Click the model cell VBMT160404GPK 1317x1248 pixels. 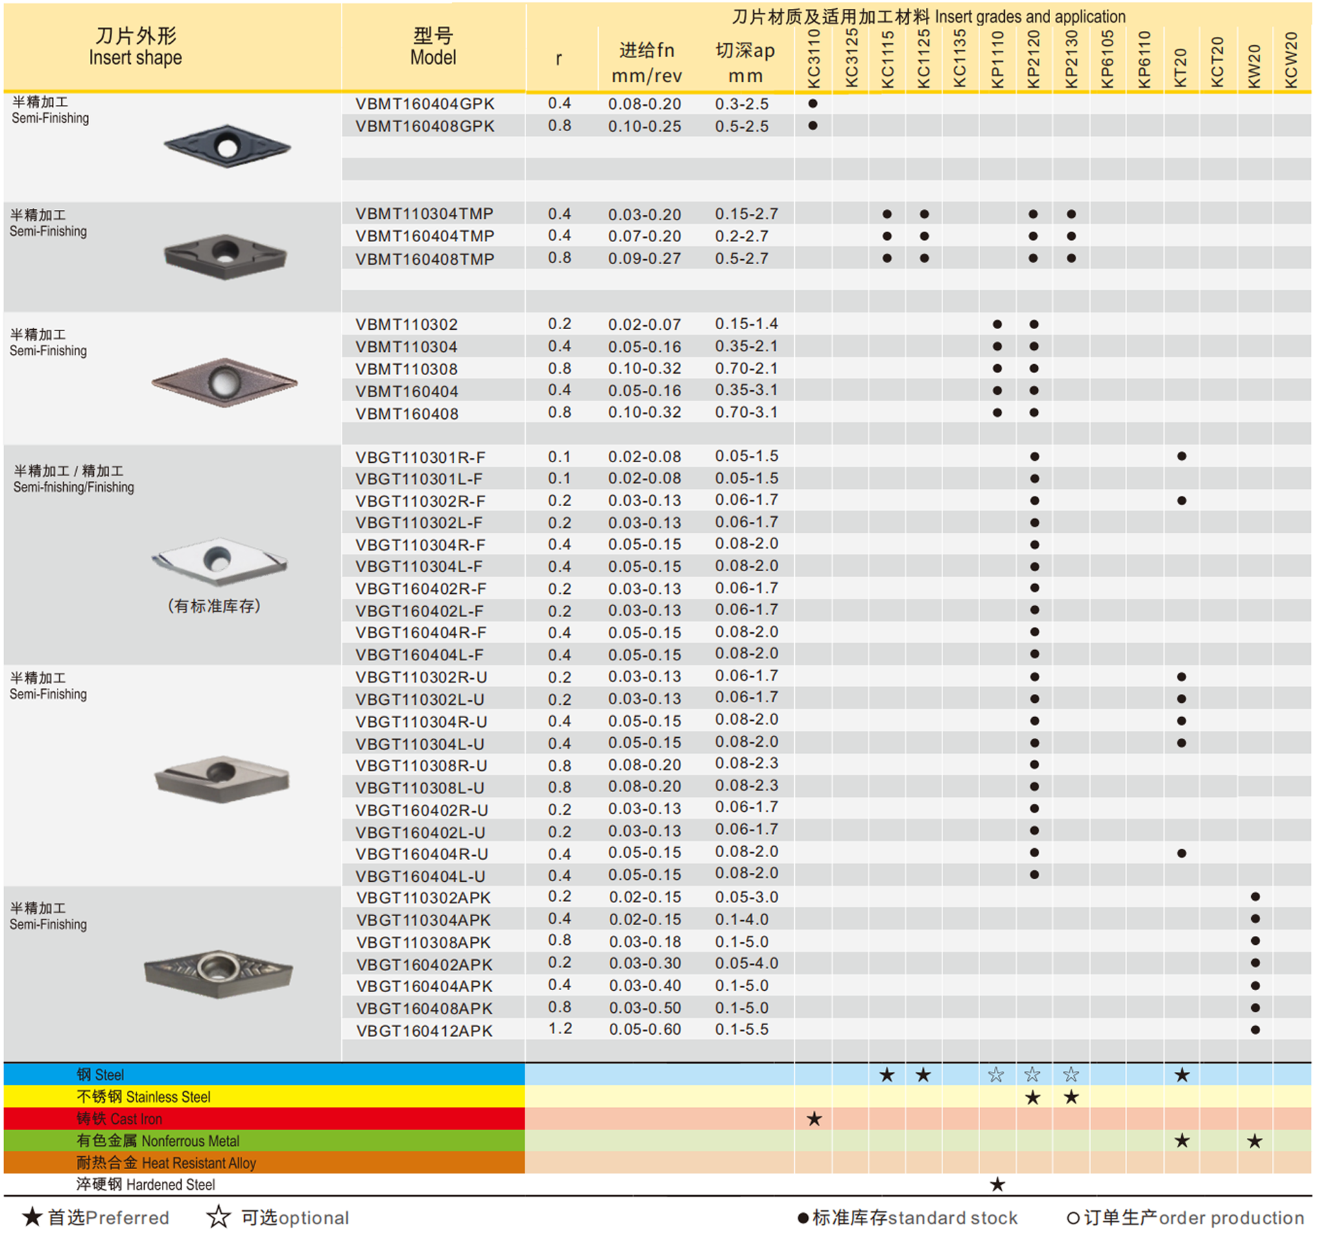pyautogui.click(x=425, y=104)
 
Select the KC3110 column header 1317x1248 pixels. pyautogui.click(x=814, y=59)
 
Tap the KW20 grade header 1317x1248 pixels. pyautogui.click(x=1255, y=66)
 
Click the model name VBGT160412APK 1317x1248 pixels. pyautogui.click(x=425, y=1031)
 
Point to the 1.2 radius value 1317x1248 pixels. pyautogui.click(x=560, y=1029)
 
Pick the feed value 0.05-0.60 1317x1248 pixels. pyautogui.click(x=645, y=1030)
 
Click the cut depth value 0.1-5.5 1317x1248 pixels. pyautogui.click(x=742, y=1029)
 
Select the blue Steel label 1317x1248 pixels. pyautogui.click(x=100, y=1075)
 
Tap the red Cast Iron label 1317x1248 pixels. pyautogui.click(x=119, y=1119)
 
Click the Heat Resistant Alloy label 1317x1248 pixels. pyautogui.click(x=166, y=1163)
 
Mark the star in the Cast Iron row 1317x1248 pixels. pyautogui.click(x=814, y=1119)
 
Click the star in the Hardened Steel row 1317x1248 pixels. pyautogui.click(x=997, y=1184)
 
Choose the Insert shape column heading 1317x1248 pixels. pyautogui.click(x=136, y=47)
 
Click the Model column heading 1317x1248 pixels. pyautogui.click(x=433, y=47)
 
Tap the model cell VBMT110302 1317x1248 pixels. pyautogui.click(x=407, y=324)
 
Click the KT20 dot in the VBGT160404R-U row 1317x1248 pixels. pyautogui.click(x=1181, y=854)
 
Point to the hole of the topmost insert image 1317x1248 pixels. pyautogui.click(x=226, y=145)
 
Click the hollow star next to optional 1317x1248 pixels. pyautogui.click(x=219, y=1217)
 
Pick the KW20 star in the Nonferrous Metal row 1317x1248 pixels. pyautogui.click(x=1255, y=1141)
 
